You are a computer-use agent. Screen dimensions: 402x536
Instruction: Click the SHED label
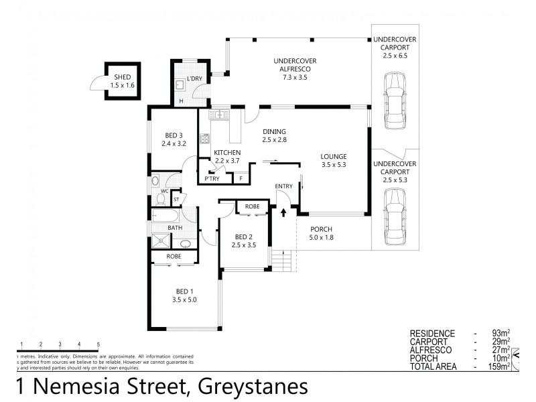(121, 77)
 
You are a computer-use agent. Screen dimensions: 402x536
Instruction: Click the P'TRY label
(212, 179)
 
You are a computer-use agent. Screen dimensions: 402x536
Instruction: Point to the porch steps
(283, 259)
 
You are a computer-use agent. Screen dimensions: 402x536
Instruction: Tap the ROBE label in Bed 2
(252, 207)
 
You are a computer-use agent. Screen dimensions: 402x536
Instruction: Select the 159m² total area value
(498, 366)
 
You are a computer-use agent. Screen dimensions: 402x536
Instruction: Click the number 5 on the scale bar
(98, 344)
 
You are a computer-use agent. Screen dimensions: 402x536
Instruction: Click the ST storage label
(176, 199)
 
